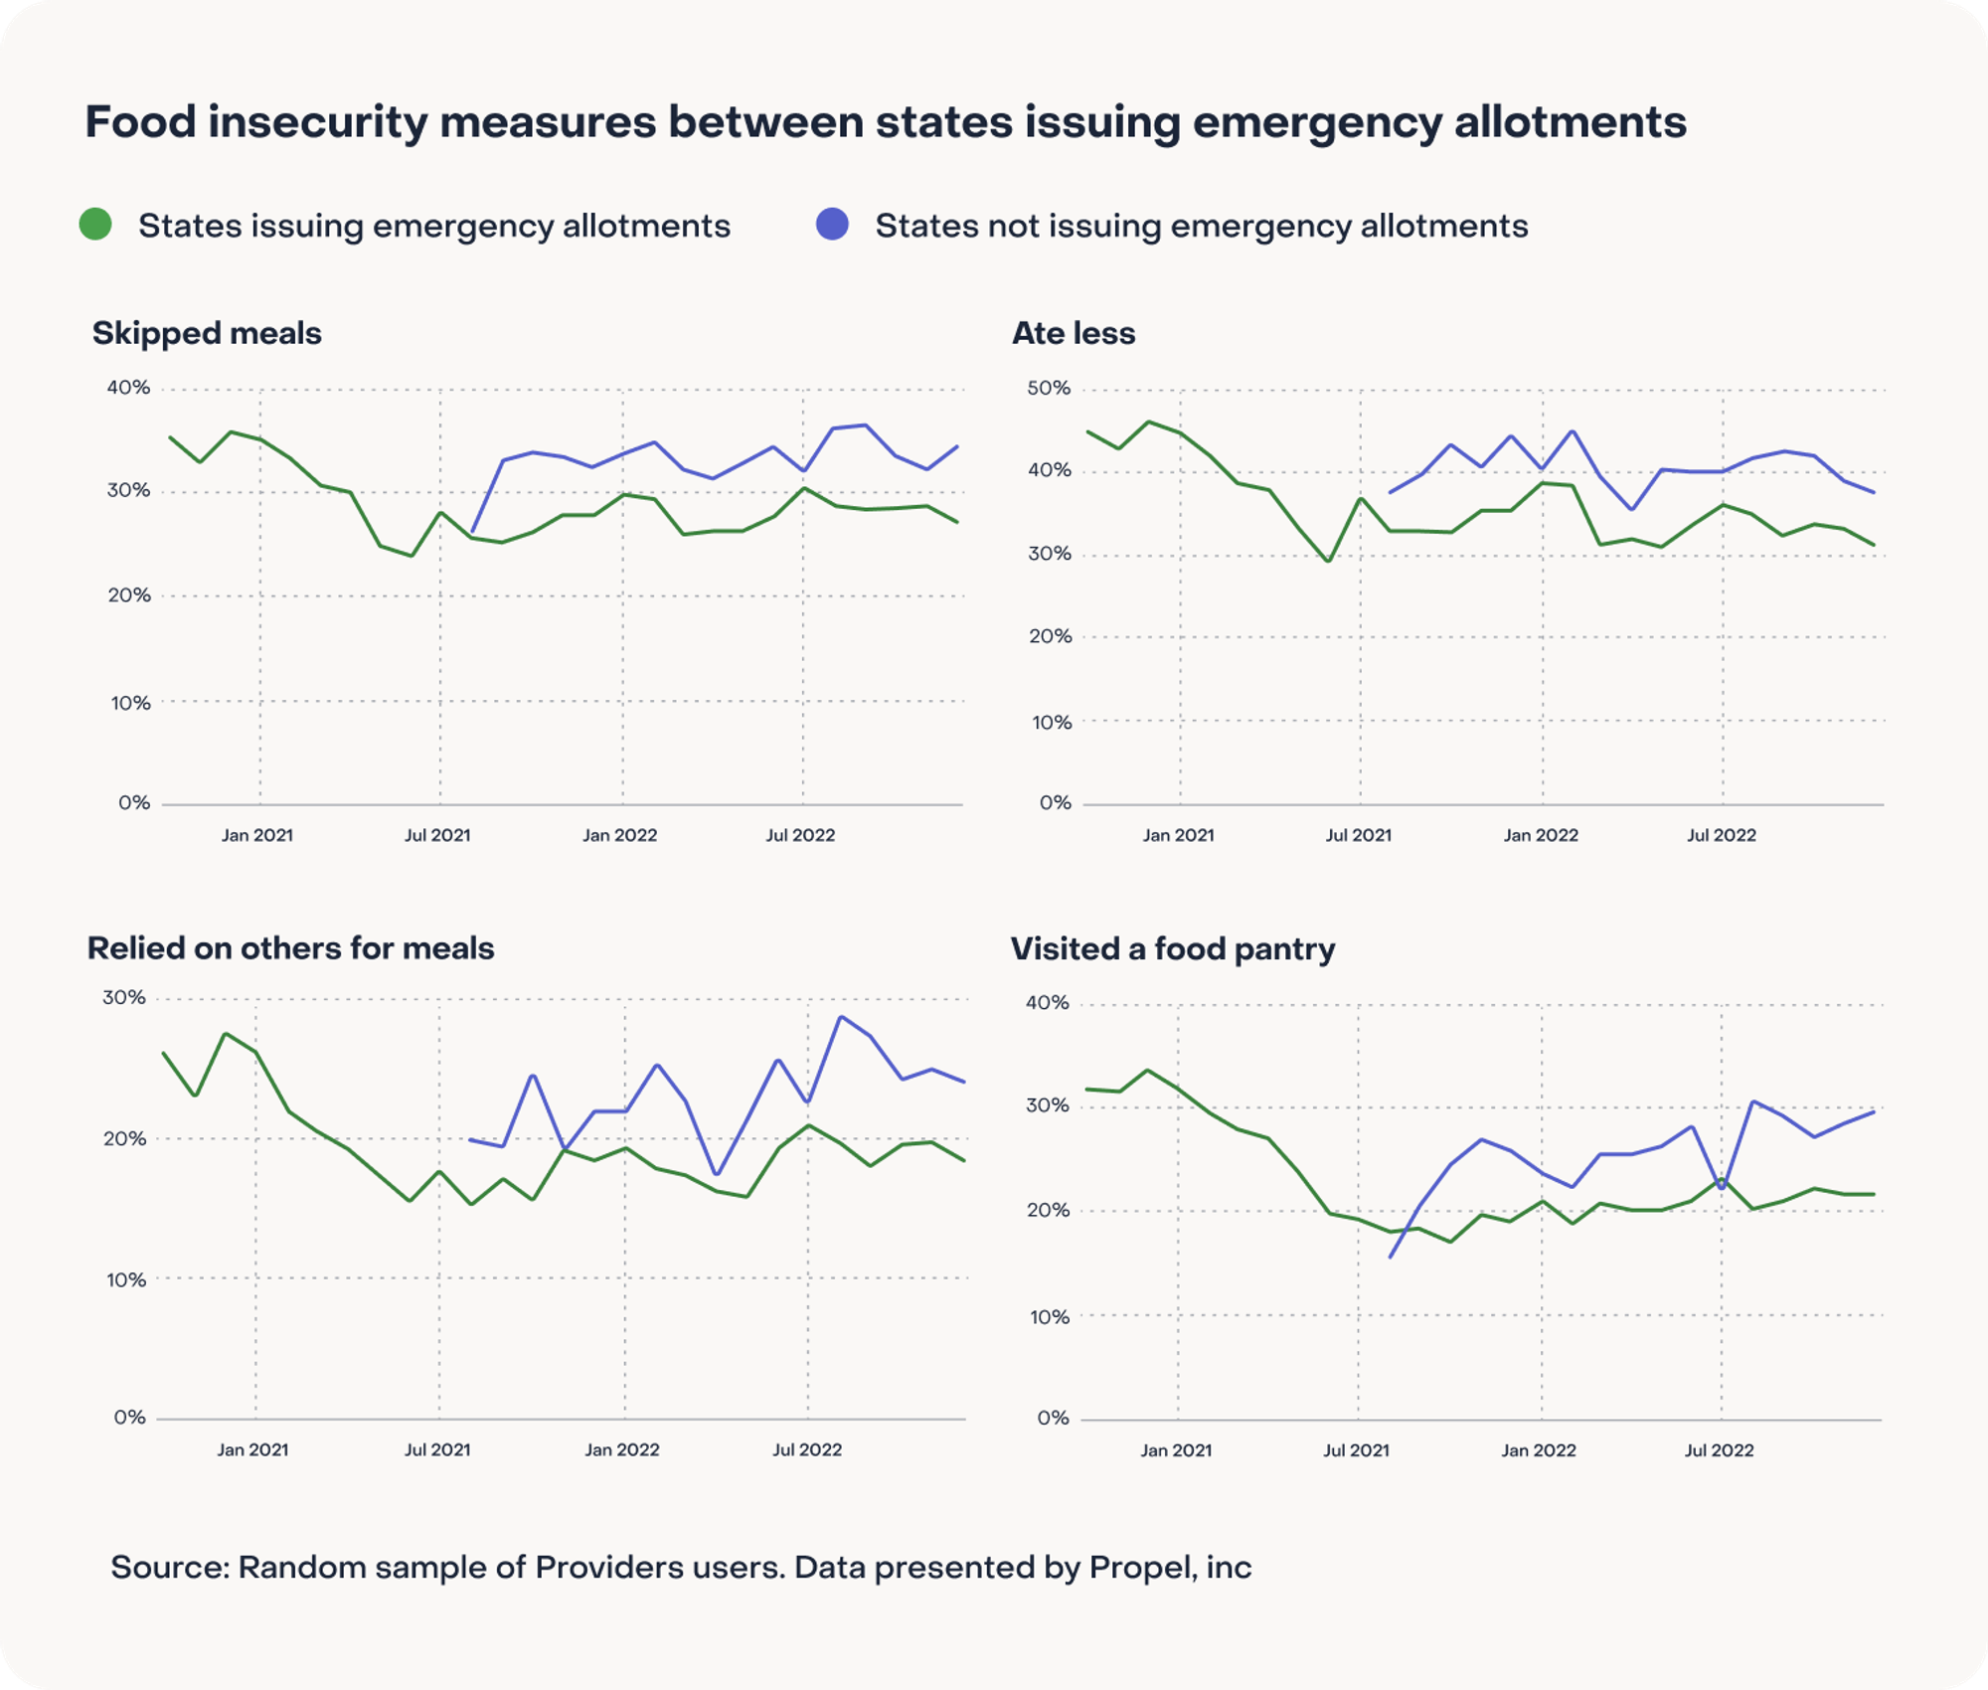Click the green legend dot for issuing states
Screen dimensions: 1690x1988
coord(95,224)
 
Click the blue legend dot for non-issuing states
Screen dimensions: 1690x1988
coord(832,224)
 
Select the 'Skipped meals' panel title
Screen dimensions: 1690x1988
coord(207,333)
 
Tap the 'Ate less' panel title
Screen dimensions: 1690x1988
coord(1074,333)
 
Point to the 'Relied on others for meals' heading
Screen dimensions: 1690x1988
coord(290,948)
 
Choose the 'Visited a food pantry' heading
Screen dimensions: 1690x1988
coord(1173,949)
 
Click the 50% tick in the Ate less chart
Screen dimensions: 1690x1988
coord(1049,388)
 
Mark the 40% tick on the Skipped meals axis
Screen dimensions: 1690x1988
coord(128,388)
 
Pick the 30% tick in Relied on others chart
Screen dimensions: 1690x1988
coord(124,997)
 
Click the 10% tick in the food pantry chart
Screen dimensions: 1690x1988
coord(1049,1317)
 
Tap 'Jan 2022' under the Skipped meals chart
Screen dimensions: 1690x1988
coord(620,835)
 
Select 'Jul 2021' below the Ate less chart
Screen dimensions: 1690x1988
coord(1358,835)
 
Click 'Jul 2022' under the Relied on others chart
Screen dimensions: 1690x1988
coord(807,1449)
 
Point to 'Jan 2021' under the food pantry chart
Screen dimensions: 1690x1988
coord(1176,1450)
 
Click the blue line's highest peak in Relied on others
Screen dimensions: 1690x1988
coord(840,1017)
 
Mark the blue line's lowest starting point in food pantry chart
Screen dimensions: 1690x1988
coord(1390,1258)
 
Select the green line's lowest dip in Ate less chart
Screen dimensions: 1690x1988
coord(1329,561)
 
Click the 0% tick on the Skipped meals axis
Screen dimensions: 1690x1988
coord(134,802)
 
